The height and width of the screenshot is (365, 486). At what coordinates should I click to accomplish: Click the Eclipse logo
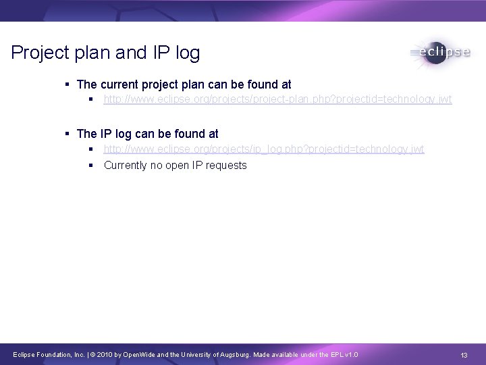(x=439, y=53)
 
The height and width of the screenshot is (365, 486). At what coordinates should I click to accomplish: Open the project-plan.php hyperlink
(x=277, y=99)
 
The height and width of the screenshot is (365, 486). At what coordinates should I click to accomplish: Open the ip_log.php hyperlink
(x=264, y=149)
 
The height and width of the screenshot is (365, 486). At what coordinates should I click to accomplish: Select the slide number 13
(x=464, y=355)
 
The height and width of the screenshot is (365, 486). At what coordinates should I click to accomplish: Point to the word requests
(x=225, y=166)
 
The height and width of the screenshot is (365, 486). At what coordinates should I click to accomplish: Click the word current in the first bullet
(x=122, y=84)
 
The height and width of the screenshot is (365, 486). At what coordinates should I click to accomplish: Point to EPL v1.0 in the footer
(x=343, y=355)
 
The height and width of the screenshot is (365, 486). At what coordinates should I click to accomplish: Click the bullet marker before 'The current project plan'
(x=68, y=84)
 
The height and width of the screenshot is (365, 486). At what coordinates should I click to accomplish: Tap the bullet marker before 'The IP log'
(x=68, y=134)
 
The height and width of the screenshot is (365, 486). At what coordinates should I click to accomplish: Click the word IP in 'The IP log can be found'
(x=106, y=134)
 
